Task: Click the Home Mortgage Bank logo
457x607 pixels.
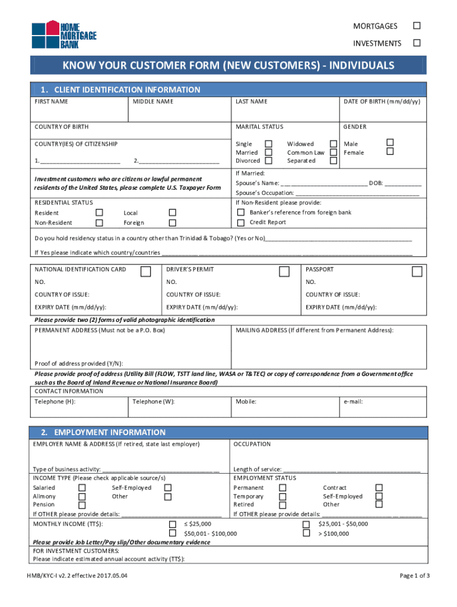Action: [x=64, y=36]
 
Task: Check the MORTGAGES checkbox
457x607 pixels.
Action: [x=417, y=25]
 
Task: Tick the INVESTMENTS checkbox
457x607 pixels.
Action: [x=417, y=43]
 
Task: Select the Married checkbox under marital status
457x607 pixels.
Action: [x=269, y=152]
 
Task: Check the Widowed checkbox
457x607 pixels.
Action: [x=334, y=143]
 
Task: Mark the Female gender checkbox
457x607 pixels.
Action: [x=390, y=152]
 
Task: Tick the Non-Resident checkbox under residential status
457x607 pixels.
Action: [x=99, y=222]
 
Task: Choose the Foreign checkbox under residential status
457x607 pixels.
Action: [x=172, y=222]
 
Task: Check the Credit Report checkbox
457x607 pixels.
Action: [x=241, y=222]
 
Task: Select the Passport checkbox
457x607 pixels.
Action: [x=417, y=271]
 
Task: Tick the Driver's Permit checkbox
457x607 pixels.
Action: [x=284, y=271]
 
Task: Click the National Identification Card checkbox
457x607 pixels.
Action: [x=145, y=271]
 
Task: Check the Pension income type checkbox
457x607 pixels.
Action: [x=82, y=504]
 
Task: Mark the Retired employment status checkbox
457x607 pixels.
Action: [x=283, y=504]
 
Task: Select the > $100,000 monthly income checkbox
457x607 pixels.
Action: [x=306, y=533]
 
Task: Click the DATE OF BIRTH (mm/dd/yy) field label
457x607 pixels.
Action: [x=382, y=101]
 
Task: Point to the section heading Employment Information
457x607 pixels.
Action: [x=110, y=432]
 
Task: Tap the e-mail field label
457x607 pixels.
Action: [x=353, y=401]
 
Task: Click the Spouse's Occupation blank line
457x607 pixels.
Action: [x=357, y=193]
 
